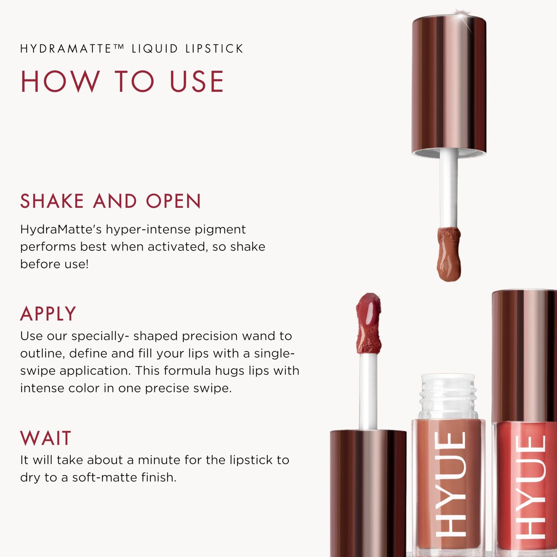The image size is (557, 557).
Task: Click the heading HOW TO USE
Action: [122, 82]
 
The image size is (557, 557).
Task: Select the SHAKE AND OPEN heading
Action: [111, 201]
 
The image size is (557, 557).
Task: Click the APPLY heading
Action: [48, 314]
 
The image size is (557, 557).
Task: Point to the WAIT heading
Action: [46, 438]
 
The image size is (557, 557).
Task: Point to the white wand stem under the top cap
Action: [449, 189]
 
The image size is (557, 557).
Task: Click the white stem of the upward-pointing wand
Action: [368, 391]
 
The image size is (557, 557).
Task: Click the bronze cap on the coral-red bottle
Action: [524, 355]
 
